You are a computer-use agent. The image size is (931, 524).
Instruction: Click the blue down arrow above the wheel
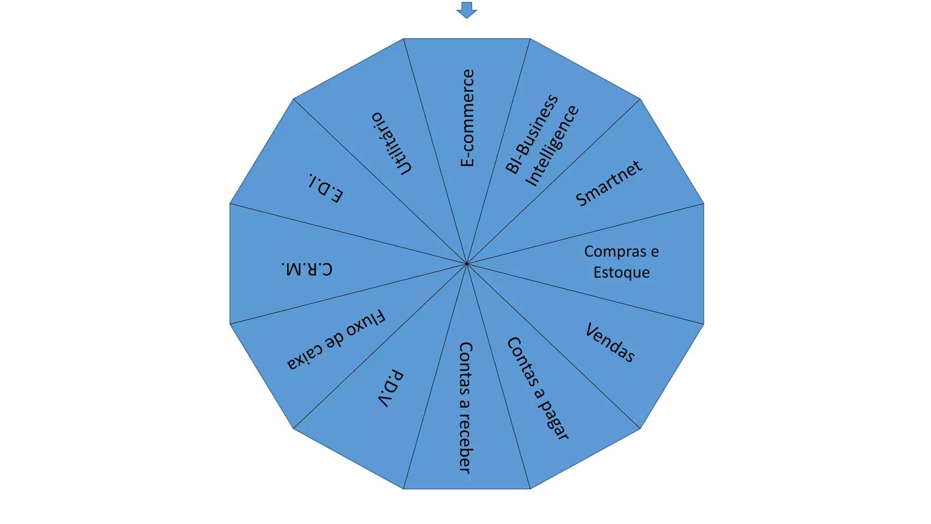466,10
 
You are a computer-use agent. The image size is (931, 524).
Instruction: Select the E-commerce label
467,118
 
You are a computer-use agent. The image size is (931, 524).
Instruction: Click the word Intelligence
552,146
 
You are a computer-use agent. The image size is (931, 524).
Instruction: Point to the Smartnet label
609,183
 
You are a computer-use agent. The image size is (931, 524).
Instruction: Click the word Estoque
621,272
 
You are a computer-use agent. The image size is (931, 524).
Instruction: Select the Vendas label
610,343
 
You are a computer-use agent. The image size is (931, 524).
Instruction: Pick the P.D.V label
390,388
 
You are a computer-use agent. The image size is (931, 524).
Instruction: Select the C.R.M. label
306,269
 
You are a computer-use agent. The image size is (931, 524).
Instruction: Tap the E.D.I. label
325,188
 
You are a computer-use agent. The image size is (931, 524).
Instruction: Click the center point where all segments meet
466,264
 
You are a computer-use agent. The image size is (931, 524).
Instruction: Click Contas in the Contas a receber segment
465,368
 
